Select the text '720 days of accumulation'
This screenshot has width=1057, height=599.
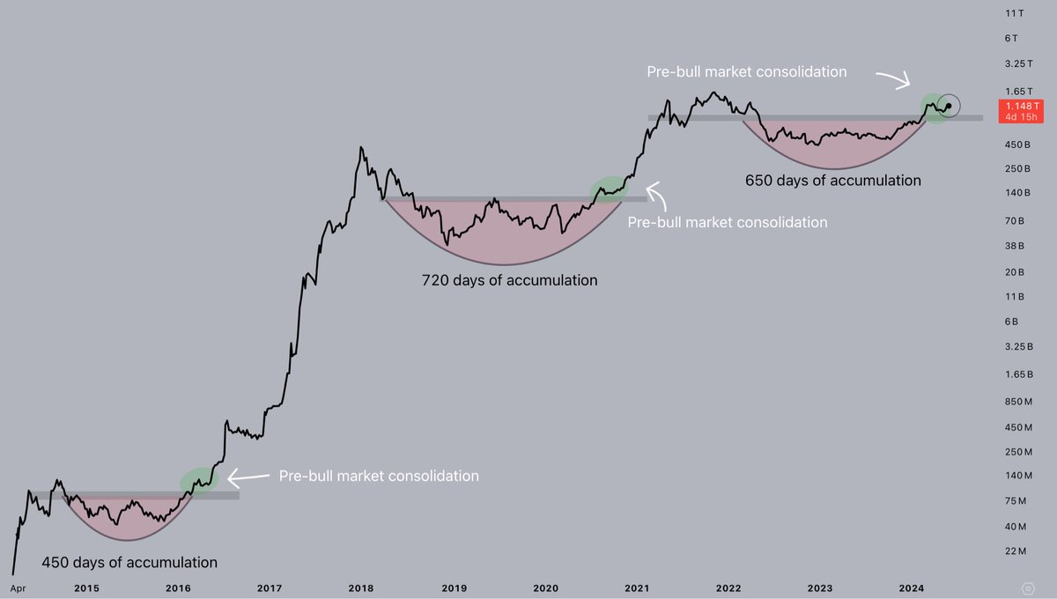(510, 280)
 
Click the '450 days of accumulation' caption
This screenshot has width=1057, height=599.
(129, 562)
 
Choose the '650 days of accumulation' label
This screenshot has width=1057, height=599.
(833, 180)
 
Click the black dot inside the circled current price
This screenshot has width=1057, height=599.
(949, 107)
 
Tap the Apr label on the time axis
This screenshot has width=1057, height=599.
(17, 588)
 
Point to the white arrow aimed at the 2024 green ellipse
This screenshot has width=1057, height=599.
(896, 80)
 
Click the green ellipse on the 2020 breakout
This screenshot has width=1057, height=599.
(610, 189)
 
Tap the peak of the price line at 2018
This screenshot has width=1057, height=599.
(361, 147)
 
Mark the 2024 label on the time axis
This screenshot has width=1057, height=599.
(911, 588)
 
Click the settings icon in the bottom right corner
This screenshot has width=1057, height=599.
(1028, 588)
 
